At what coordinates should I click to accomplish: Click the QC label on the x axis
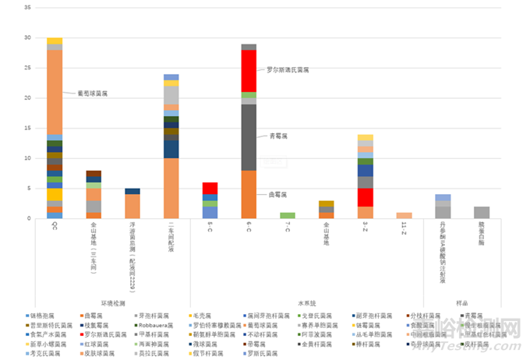coord(55,227)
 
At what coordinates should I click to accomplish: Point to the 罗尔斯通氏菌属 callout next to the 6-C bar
coord(288,69)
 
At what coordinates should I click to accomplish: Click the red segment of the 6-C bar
coord(249,71)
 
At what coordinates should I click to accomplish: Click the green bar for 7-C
coord(288,215)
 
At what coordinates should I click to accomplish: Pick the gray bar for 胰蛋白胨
coord(482,212)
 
